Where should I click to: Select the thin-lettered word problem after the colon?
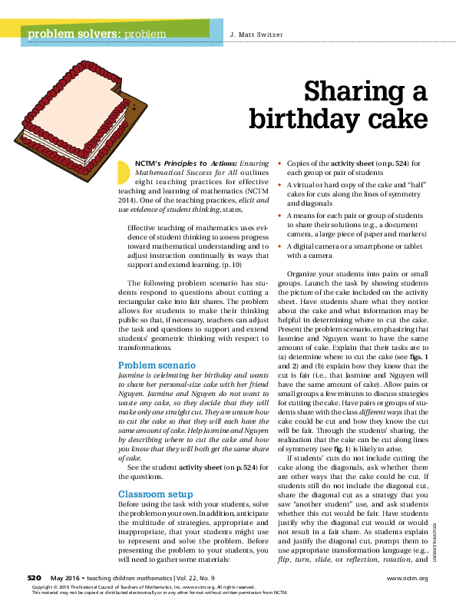point(145,35)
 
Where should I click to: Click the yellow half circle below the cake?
point(123,173)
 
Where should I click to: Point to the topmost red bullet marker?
point(279,163)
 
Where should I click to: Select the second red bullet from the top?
point(279,185)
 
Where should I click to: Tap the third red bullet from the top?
point(279,216)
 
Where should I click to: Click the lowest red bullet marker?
point(279,246)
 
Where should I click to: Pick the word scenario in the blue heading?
point(177,365)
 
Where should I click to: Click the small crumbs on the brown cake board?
point(134,108)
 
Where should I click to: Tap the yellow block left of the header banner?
point(10,28)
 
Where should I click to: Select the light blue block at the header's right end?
point(216,31)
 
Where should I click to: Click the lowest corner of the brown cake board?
point(87,180)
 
